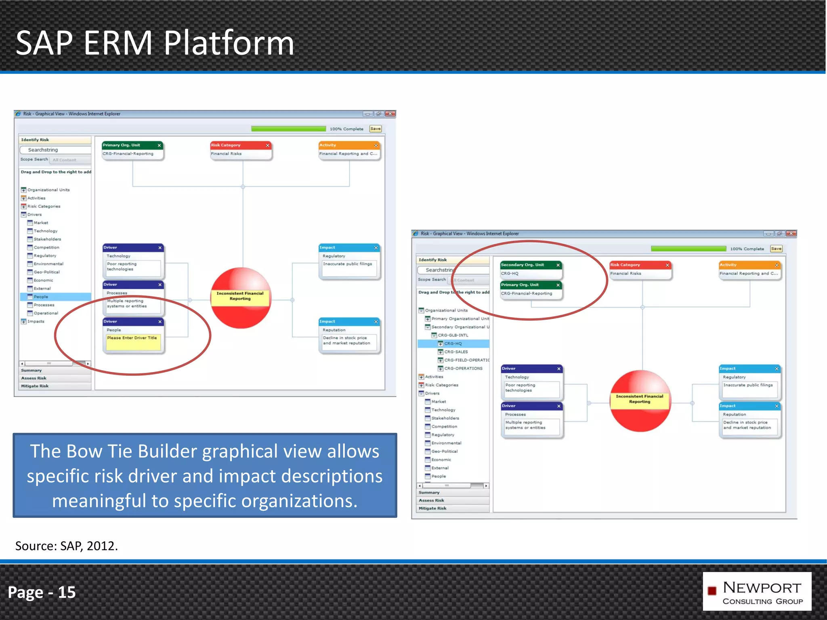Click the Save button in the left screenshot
[375, 129]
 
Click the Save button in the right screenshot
[776, 249]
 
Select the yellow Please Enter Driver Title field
[133, 341]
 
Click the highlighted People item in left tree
[41, 297]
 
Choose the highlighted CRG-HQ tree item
[453, 344]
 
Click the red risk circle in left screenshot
[241, 298]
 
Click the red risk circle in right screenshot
[640, 401]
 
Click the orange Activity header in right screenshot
[749, 265]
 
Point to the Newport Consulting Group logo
[757, 591]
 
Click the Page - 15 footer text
[42, 592]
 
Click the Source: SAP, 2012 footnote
[67, 546]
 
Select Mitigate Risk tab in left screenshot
[35, 386]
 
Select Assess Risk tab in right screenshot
[431, 500]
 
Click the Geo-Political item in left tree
[46, 272]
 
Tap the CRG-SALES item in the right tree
[456, 352]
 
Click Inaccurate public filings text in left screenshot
[347, 264]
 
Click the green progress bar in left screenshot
[288, 129]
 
